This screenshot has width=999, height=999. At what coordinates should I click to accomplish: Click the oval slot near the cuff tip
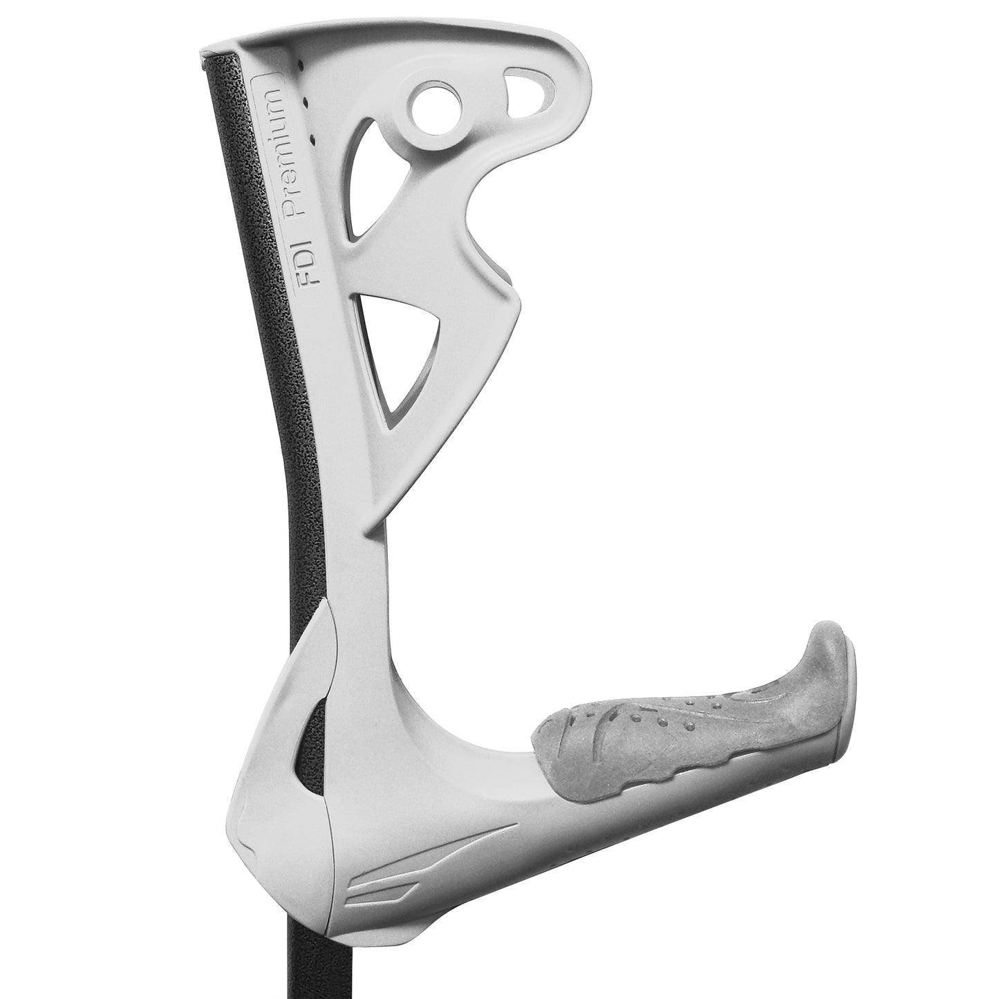pyautogui.click(x=528, y=86)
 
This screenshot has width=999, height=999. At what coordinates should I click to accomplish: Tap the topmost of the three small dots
pyautogui.click(x=302, y=64)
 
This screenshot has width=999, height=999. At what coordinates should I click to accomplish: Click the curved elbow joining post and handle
pyautogui.click(x=429, y=719)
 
